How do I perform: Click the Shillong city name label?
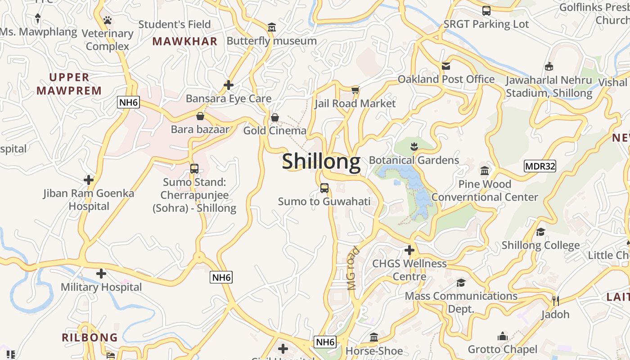point(321,161)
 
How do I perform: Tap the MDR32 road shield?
point(540,166)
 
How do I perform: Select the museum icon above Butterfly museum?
point(271,28)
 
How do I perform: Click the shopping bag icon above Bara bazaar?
point(200,117)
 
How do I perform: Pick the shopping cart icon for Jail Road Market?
point(355,90)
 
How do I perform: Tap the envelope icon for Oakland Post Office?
point(446,66)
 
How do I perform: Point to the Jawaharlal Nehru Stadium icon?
point(549,67)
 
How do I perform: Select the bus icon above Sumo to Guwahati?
point(324,188)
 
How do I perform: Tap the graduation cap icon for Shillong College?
point(540,232)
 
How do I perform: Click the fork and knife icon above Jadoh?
point(555,301)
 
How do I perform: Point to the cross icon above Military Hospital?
point(101,273)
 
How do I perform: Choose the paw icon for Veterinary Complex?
point(107,20)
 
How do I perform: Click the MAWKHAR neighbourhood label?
point(184,41)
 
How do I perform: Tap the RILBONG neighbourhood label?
point(90,337)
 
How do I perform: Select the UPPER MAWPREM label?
point(69,84)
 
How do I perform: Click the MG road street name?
point(354,268)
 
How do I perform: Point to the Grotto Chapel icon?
point(502,336)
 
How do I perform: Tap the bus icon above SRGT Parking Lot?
point(486,11)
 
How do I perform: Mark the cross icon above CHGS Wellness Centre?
point(409,250)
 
